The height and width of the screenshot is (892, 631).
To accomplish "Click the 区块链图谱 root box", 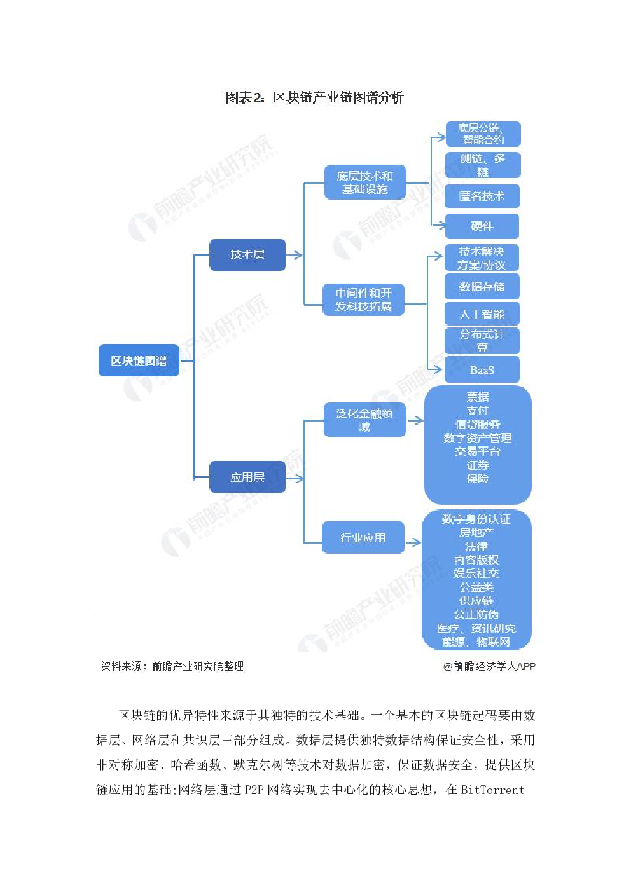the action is pos(139,360).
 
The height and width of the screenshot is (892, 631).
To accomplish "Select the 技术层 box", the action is pos(247,255).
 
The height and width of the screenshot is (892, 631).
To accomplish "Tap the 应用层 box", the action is pos(247,477).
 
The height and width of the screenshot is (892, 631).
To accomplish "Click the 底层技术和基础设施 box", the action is pos(364,182).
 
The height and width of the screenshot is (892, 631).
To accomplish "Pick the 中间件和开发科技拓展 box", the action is pos(363,299).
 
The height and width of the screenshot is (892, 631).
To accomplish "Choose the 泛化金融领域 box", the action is pos(364,420).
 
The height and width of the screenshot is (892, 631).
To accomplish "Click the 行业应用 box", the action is pos(363,538).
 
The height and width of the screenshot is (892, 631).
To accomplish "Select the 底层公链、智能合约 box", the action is pos(483,134).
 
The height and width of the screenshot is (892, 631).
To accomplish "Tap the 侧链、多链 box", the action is pos(483,165).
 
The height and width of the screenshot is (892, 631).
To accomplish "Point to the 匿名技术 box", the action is pos(482,196).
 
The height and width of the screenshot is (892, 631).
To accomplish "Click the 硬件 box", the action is pos(482,226).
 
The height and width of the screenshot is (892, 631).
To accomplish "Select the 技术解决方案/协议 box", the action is pos(482,258).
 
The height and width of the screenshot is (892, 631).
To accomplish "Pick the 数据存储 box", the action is pos(482,287).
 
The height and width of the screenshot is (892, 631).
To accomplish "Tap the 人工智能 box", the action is pos(482,314).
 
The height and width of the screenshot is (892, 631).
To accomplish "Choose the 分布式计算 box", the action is pos(482,341).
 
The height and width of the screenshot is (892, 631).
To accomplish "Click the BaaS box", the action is pos(482,370).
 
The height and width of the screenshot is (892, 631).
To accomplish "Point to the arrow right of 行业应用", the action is pos(413,542).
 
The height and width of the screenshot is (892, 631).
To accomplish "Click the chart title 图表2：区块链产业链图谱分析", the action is pos(314,97).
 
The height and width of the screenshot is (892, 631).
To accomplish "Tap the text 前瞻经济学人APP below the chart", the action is pos(490,666).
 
